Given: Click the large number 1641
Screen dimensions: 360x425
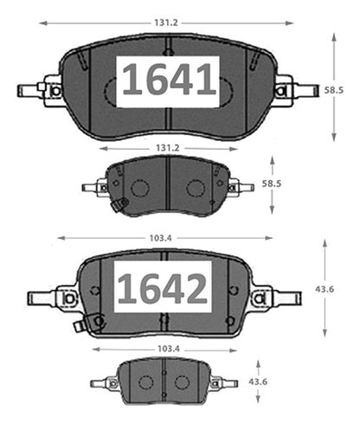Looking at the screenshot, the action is [x=169, y=80].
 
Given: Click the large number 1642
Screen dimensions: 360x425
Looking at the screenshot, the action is [x=163, y=289].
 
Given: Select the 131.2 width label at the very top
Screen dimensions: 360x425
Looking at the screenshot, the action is [x=166, y=23].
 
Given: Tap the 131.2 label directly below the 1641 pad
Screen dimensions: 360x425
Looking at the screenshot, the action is [x=168, y=148].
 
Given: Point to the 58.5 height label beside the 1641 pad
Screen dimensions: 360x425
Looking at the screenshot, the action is [x=334, y=90].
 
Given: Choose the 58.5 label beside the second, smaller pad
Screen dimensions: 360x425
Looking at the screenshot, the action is [x=272, y=184].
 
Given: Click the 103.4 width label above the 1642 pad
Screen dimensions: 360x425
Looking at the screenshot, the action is [x=160, y=238].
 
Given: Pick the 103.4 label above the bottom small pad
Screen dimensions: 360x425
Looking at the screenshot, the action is [x=169, y=349].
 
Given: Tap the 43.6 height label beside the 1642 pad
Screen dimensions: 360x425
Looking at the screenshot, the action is [x=325, y=289].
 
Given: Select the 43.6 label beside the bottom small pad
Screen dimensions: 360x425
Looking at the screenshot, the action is [x=258, y=382].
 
